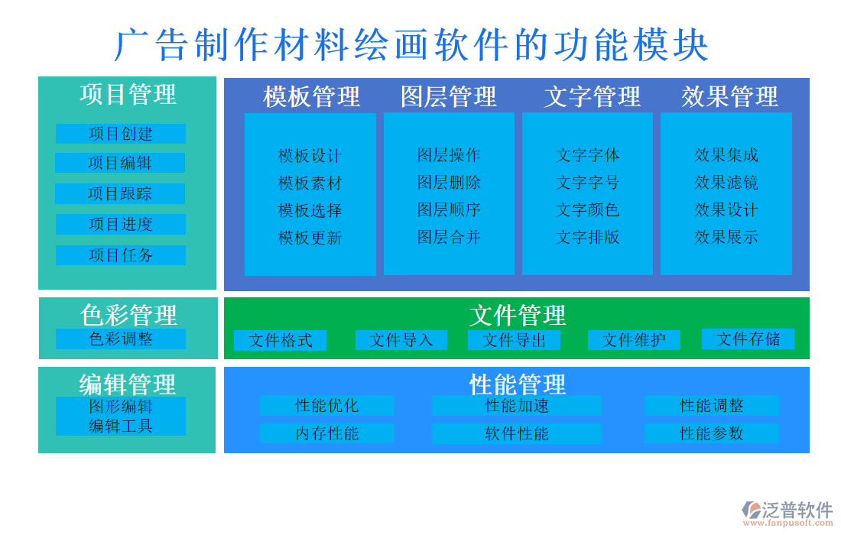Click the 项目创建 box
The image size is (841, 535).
(121, 134)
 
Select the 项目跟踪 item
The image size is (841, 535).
(120, 193)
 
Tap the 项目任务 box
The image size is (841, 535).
(121, 255)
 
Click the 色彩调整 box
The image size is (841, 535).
(121, 339)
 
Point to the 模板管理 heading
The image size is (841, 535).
(311, 97)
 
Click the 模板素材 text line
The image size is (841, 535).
(310, 183)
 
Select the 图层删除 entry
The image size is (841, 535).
(449, 183)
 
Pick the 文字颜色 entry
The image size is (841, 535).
(587, 209)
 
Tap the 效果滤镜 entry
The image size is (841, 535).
(726, 183)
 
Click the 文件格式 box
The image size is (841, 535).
(280, 340)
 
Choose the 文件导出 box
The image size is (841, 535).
(514, 340)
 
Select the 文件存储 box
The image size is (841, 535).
(748, 339)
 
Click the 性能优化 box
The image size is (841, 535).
(326, 406)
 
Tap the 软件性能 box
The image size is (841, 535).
(517, 434)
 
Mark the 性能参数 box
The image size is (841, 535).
(711, 433)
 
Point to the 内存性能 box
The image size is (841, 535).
(326, 434)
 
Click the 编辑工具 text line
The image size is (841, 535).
(121, 426)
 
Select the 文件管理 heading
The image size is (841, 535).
(517, 315)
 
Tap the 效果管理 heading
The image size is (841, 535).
(729, 97)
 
